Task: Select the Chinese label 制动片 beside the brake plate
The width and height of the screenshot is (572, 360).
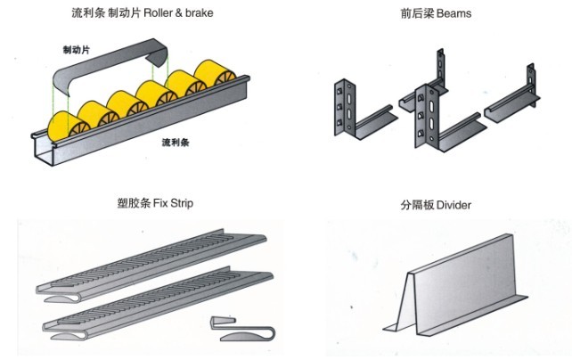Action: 77,50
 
